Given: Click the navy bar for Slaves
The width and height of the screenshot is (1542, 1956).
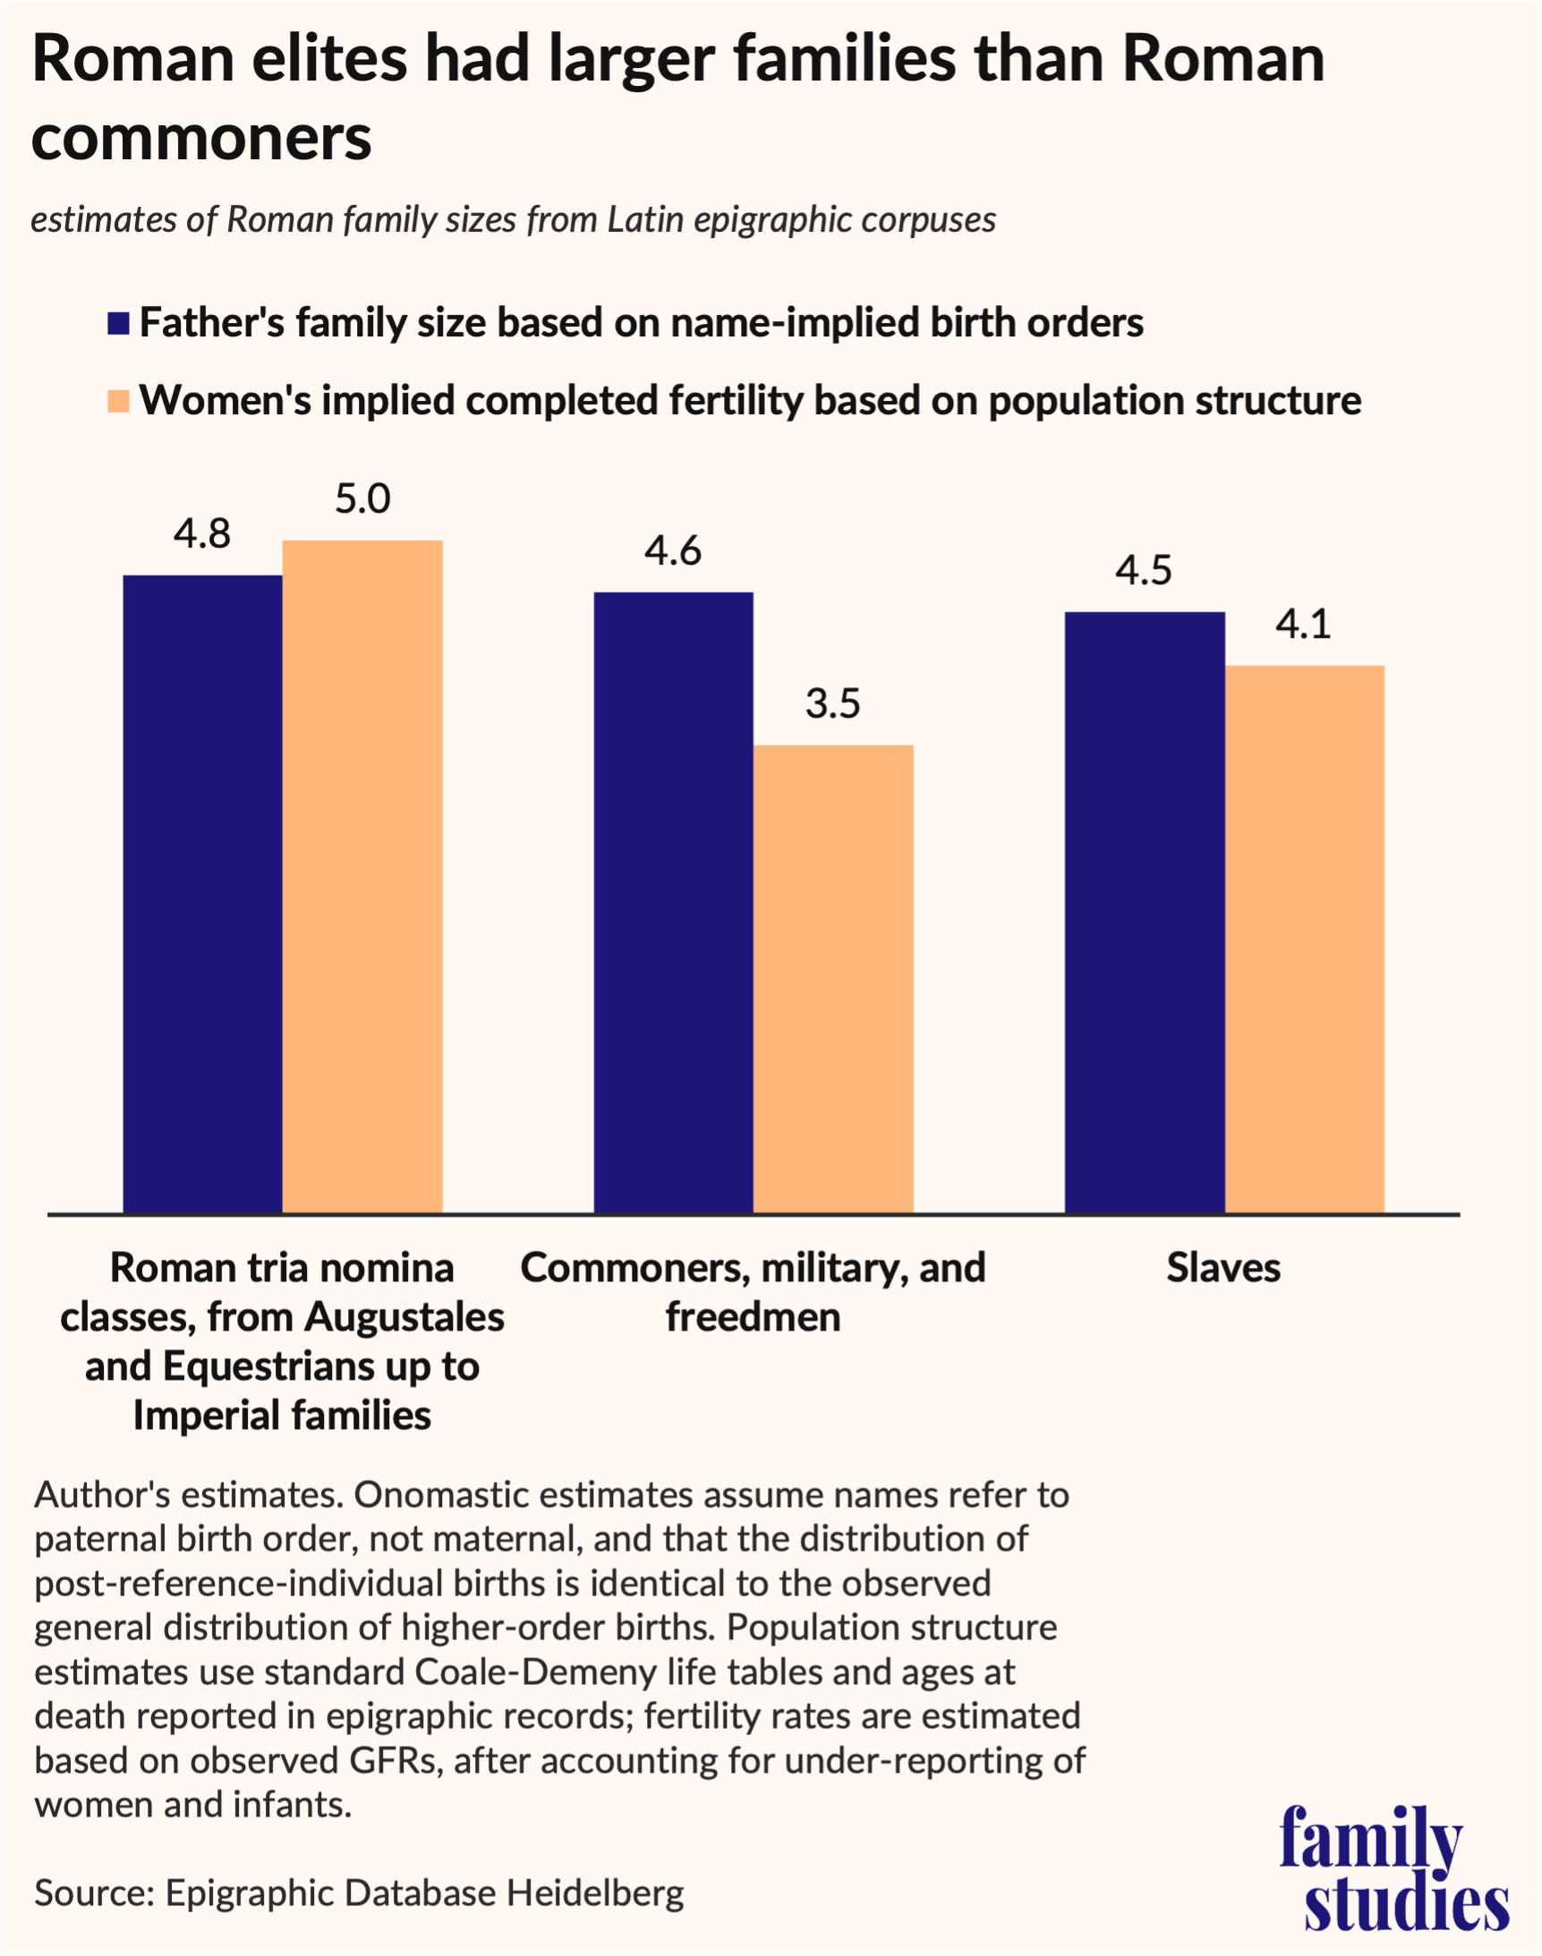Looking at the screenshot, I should [x=1144, y=912].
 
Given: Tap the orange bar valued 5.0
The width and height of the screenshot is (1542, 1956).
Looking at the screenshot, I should [x=362, y=876].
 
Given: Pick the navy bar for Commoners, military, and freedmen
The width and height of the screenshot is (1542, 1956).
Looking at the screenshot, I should [x=673, y=902].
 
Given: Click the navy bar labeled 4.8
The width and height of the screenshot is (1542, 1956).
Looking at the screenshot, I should [x=202, y=894].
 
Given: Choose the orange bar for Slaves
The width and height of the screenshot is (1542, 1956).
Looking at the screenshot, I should [x=1304, y=939].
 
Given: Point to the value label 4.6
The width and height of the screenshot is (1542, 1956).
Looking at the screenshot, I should [x=673, y=550].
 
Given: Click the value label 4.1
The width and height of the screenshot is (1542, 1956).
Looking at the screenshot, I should [x=1303, y=624].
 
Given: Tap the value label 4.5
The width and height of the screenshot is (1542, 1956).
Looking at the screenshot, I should [x=1143, y=571].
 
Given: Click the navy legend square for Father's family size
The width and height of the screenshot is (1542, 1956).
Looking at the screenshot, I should [x=118, y=323].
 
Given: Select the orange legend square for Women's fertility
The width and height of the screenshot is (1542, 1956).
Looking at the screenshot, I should [x=118, y=401].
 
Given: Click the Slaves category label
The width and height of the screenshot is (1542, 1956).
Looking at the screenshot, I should [x=1223, y=1267].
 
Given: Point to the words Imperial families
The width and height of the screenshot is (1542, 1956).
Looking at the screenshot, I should [x=282, y=1415].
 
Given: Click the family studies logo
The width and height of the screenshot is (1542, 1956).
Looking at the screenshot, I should [x=1394, y=1866].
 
